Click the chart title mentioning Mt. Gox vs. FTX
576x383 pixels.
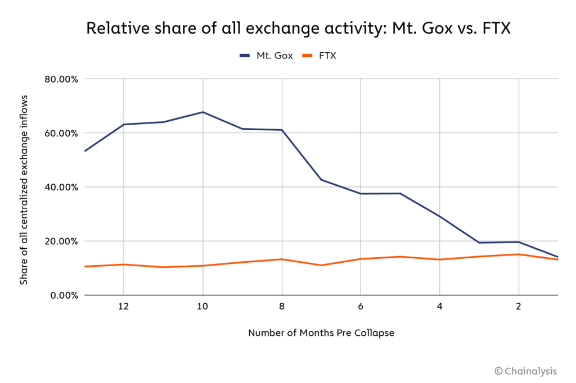(x=299, y=29)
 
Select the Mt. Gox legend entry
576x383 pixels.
(x=267, y=56)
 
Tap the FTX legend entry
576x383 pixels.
(x=319, y=56)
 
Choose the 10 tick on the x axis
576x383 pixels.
(x=202, y=307)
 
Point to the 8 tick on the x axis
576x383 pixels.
(x=281, y=307)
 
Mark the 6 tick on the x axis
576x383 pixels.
(x=361, y=307)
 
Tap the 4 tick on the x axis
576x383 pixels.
(x=439, y=307)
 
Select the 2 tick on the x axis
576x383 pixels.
(x=519, y=307)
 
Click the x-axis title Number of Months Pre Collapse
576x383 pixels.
(x=321, y=333)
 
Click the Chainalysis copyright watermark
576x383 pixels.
(x=525, y=371)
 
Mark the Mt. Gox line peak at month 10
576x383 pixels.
(x=202, y=112)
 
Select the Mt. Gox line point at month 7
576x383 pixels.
(x=321, y=180)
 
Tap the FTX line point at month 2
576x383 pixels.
(x=519, y=254)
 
